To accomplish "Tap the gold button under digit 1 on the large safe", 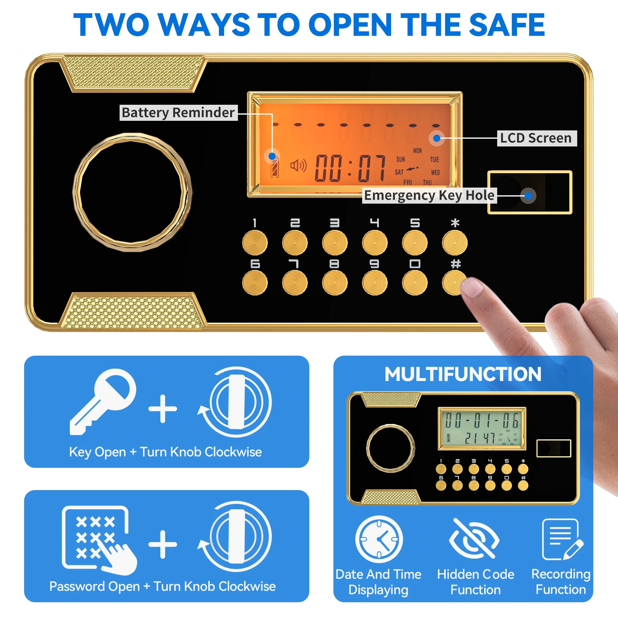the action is (x=255, y=243).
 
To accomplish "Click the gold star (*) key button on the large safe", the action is (x=455, y=243).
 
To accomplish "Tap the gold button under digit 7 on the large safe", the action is (x=295, y=283).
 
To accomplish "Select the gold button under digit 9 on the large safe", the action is (x=375, y=283).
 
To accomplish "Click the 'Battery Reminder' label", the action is (x=179, y=112).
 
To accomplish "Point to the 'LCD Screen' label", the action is (x=537, y=138).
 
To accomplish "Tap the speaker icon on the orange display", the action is (x=298, y=166).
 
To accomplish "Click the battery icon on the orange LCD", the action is (x=274, y=167).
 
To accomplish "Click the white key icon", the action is (x=102, y=401).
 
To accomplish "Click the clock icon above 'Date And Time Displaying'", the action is (x=379, y=539).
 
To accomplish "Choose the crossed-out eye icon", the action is (x=474, y=539).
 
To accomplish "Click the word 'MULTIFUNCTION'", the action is (x=463, y=374).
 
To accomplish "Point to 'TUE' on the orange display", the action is (x=434, y=160).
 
